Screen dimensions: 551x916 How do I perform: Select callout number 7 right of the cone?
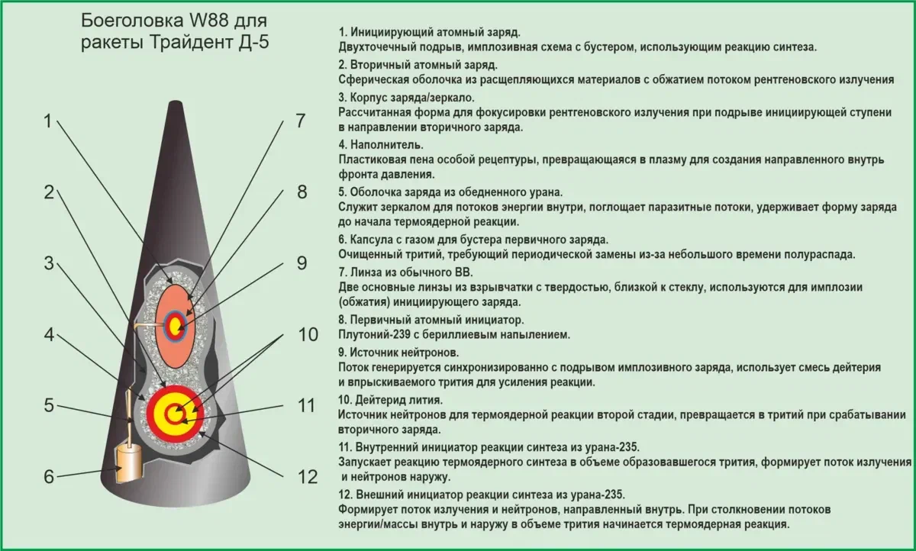(x=301, y=121)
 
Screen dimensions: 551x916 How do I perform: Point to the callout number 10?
(x=307, y=335)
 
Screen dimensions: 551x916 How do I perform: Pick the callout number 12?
(x=307, y=477)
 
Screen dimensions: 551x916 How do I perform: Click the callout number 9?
(x=302, y=263)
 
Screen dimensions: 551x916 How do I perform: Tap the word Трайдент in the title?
(x=189, y=41)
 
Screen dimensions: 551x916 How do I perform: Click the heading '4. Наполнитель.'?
(x=382, y=144)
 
